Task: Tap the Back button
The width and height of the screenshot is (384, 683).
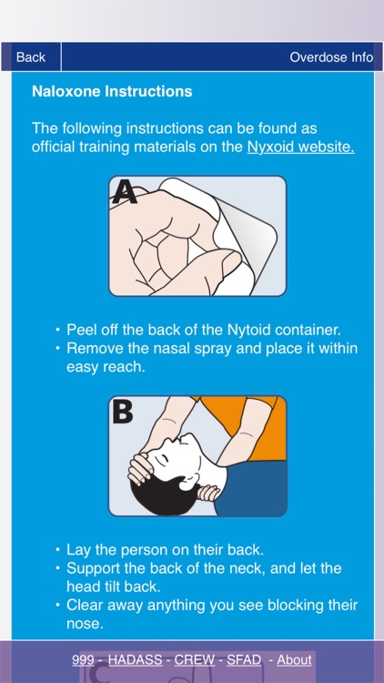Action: pos(31,57)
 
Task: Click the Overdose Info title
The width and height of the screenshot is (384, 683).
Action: pos(331,57)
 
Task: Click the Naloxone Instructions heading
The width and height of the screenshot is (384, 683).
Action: pos(112,91)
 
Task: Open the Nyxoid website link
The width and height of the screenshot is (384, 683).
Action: pos(300,147)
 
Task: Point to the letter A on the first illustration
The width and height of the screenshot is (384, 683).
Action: pos(125,192)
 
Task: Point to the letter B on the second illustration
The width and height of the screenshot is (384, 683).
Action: pos(123,412)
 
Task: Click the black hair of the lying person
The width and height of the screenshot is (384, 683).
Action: pos(166,496)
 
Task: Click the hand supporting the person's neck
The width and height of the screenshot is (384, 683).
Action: pos(208,493)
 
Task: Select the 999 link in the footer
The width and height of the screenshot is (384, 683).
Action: pos(83,660)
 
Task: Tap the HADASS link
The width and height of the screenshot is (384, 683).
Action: pos(135,660)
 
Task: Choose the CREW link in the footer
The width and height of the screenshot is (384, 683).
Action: pos(195,660)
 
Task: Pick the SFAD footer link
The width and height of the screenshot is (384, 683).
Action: pos(244,660)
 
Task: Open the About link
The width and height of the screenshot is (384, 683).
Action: pos(294,660)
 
